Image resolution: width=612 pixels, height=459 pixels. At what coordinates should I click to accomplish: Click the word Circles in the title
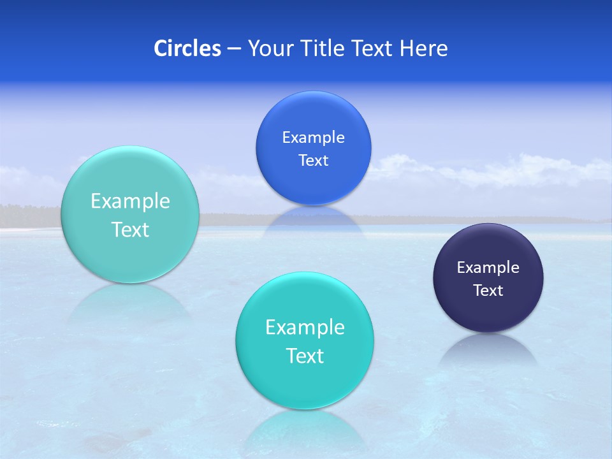pos(187,48)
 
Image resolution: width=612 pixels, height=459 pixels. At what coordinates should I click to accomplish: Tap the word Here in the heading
pos(424,48)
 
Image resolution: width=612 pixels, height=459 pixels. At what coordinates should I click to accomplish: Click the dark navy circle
pos(488,306)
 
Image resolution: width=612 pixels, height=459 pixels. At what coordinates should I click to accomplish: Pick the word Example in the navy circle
pos(488,268)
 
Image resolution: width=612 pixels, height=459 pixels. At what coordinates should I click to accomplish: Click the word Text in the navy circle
pos(488,291)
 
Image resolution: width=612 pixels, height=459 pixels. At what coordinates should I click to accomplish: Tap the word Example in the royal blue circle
pos(314,138)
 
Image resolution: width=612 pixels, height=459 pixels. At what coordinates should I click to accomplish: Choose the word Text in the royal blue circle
pos(314,161)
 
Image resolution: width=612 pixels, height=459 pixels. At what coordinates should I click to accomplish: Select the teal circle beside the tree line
pos(130,255)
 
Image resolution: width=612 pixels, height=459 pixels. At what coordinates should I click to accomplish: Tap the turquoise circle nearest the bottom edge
pos(305,382)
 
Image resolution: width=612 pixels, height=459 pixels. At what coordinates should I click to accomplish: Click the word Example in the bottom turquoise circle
pos(305,328)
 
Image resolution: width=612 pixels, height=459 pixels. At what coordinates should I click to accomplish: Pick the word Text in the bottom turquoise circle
pos(305,356)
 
